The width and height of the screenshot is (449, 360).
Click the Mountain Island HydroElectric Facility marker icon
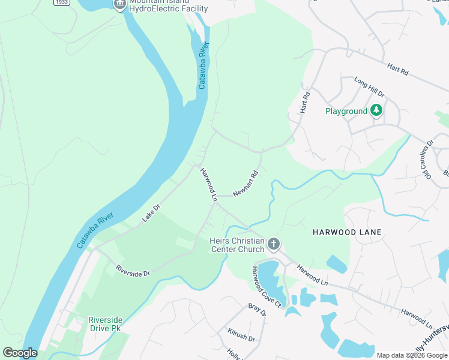tap(119, 4)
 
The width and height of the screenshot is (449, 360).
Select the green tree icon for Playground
tap(376, 110)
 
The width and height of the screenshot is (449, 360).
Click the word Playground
tap(346, 111)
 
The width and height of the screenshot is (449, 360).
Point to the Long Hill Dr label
tap(369, 87)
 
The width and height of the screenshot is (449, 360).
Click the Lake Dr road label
tap(151, 213)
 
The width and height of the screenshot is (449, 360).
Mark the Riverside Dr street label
tap(132, 270)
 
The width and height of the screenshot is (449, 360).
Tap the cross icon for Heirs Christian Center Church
tap(274, 244)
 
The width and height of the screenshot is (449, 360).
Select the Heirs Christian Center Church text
tap(237, 245)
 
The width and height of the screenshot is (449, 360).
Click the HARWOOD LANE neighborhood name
tap(347, 232)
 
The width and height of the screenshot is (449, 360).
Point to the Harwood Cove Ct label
tap(267, 287)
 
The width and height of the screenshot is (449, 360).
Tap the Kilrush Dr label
tap(241, 335)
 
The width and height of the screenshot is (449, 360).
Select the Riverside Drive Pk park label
tap(104, 324)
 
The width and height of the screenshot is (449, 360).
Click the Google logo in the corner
tap(20, 353)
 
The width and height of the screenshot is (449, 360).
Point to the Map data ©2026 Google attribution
tap(411, 355)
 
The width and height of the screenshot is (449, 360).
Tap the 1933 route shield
tap(60, 2)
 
